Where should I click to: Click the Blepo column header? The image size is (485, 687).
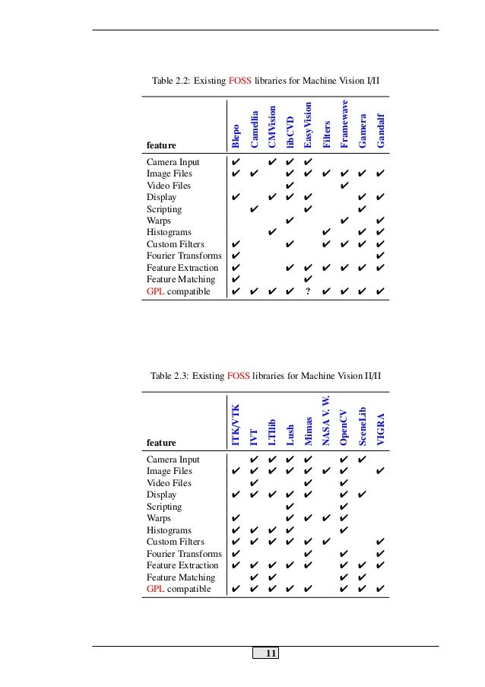point(236,135)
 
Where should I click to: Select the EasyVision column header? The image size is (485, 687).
point(308,124)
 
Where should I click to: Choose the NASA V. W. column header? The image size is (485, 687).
point(325,421)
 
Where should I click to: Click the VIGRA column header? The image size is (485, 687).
point(381,431)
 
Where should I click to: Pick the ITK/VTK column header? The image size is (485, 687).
point(236,425)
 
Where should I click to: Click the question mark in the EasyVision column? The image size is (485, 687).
point(307,291)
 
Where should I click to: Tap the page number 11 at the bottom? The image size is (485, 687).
point(271,654)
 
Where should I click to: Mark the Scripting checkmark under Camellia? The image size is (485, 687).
point(254,208)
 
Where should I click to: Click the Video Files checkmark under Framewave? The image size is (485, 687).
point(344,185)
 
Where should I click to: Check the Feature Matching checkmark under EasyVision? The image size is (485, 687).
point(308,279)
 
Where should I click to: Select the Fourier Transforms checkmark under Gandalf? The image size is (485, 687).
point(380,256)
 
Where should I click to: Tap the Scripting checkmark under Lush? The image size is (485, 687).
point(290,507)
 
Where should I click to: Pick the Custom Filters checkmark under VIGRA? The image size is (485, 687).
point(380,542)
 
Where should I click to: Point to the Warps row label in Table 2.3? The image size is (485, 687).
point(159,518)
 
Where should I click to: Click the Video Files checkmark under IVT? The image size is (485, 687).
point(254,483)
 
